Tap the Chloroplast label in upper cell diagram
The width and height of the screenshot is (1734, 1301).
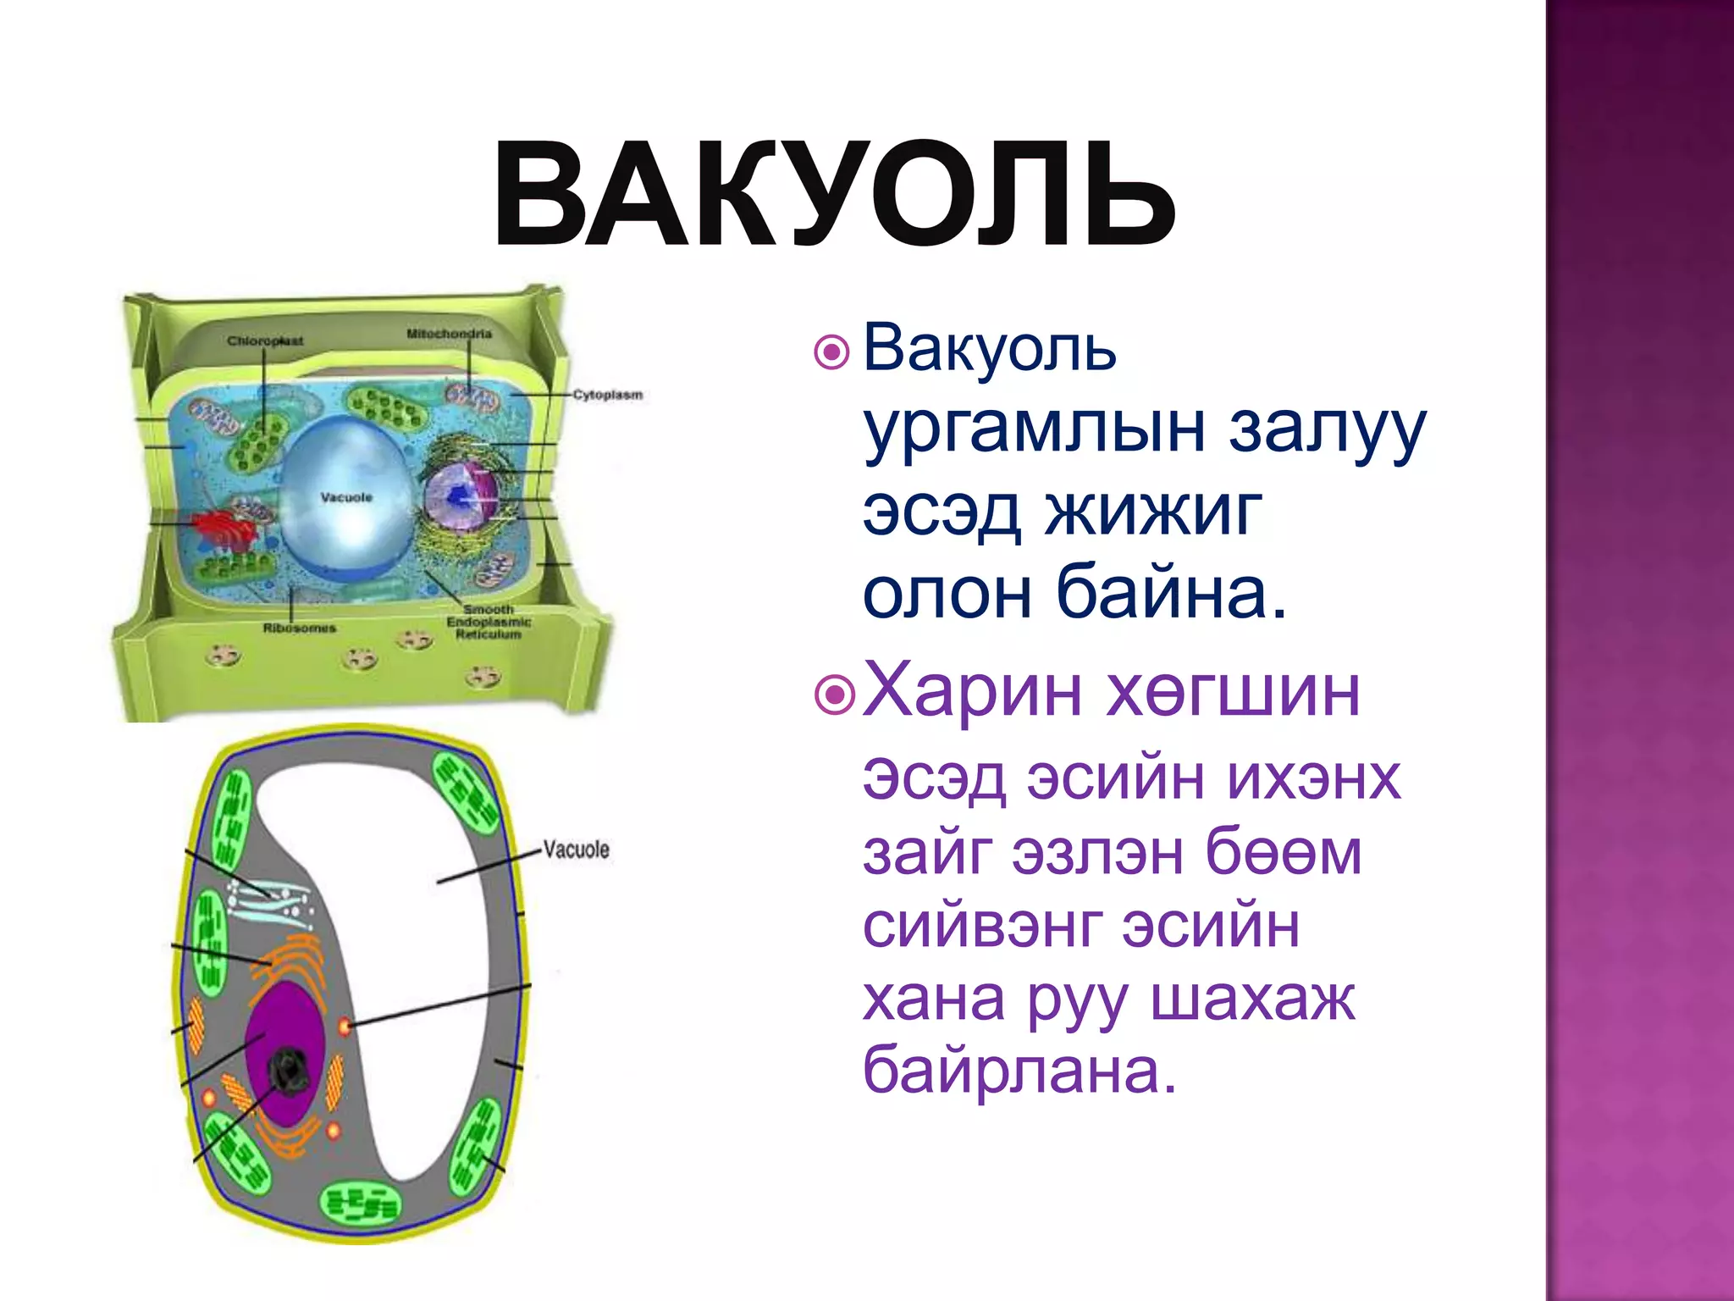(x=265, y=340)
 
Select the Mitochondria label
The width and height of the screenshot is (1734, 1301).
(x=449, y=334)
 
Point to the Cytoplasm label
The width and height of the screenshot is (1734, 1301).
(x=607, y=395)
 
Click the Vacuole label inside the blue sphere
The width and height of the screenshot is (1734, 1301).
(x=346, y=497)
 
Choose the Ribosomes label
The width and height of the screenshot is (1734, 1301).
(x=299, y=628)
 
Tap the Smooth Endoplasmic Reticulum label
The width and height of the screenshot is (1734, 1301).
(x=489, y=622)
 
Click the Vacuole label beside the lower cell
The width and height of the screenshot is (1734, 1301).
(x=576, y=850)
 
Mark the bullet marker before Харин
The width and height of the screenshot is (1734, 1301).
(x=835, y=695)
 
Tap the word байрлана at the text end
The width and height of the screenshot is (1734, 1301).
(x=1019, y=1070)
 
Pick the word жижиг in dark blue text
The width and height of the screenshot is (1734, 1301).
(x=1153, y=512)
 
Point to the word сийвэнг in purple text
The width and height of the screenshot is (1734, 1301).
(x=982, y=926)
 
